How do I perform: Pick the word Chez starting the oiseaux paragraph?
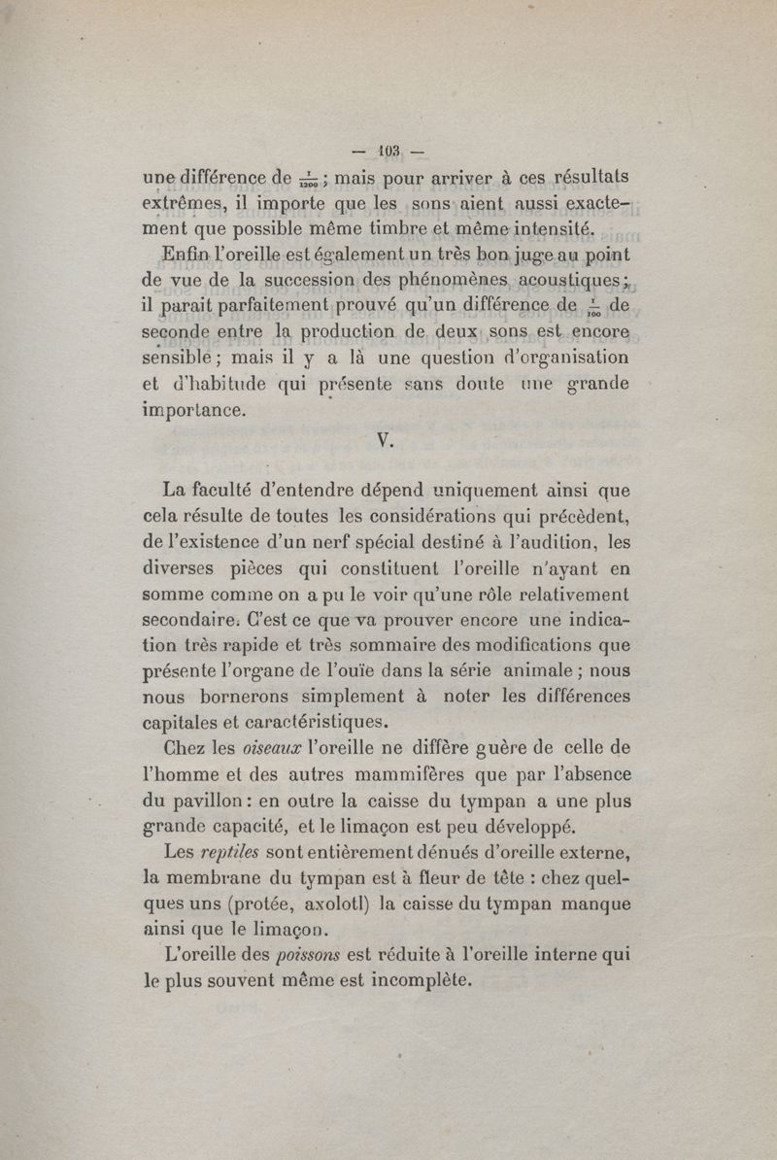(x=186, y=747)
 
